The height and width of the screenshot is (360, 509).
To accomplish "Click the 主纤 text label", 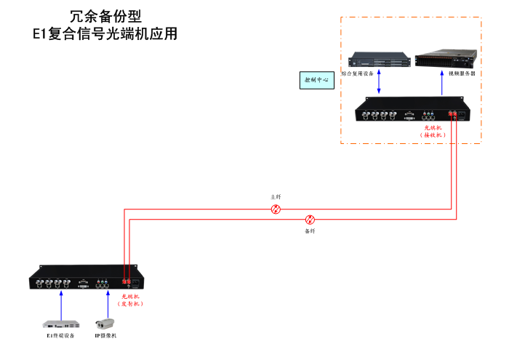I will (x=276, y=197).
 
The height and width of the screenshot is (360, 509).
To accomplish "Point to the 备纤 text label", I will (x=310, y=231).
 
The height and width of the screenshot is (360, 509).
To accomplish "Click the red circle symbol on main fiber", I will (x=276, y=209).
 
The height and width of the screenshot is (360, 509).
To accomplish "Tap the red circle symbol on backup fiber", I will (x=310, y=219).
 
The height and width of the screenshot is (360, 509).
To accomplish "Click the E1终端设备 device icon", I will (x=61, y=323).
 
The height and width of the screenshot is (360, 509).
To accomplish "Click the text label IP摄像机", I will (x=105, y=335).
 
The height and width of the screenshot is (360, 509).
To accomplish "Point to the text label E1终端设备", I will (x=61, y=335).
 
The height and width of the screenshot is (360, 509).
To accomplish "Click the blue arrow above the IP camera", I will (x=105, y=302).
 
